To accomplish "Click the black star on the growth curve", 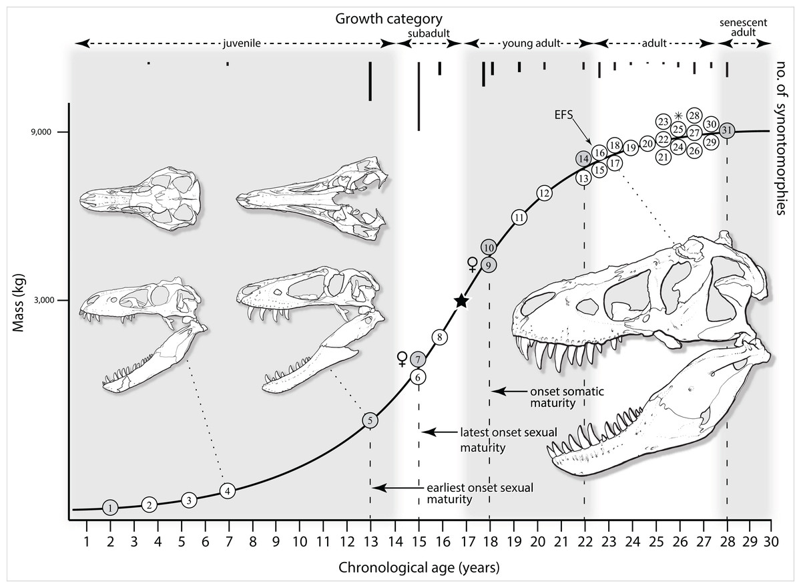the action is [461, 301].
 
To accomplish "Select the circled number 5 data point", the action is [370, 420].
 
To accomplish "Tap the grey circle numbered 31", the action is [727, 131].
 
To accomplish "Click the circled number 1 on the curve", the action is [111, 508].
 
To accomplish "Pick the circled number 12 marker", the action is [543, 193].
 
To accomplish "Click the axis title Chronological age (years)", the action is [419, 568].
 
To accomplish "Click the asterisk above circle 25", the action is [678, 116].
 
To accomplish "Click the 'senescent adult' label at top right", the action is [743, 27].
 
